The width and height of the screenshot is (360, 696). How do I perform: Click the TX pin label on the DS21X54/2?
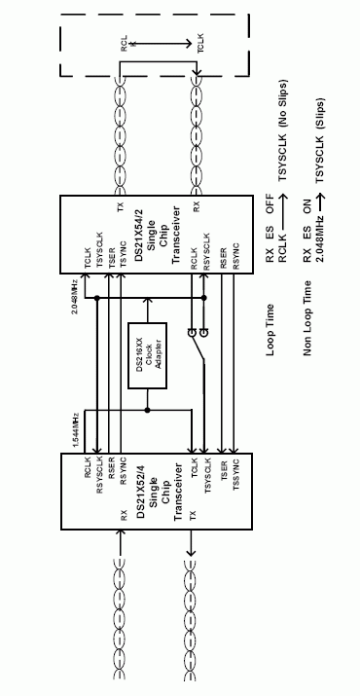(x=120, y=207)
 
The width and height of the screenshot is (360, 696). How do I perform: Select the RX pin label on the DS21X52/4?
(x=122, y=515)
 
